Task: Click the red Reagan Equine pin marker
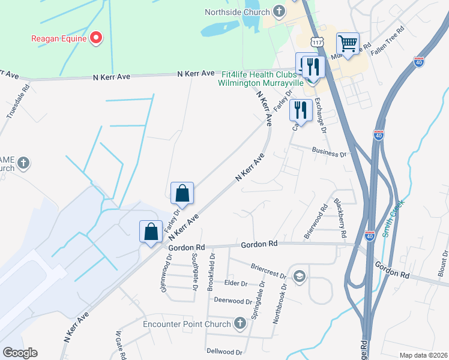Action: (95, 38)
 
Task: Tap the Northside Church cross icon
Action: (279, 11)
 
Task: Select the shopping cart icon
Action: (348, 43)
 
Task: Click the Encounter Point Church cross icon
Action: (240, 324)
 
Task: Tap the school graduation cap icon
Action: (299, 277)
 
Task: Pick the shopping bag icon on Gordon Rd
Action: (151, 231)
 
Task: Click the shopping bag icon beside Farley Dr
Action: (182, 193)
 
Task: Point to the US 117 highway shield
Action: (318, 41)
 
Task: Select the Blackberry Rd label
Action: (340, 211)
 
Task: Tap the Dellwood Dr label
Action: (224, 352)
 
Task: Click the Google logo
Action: (20, 352)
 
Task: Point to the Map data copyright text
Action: (423, 355)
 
